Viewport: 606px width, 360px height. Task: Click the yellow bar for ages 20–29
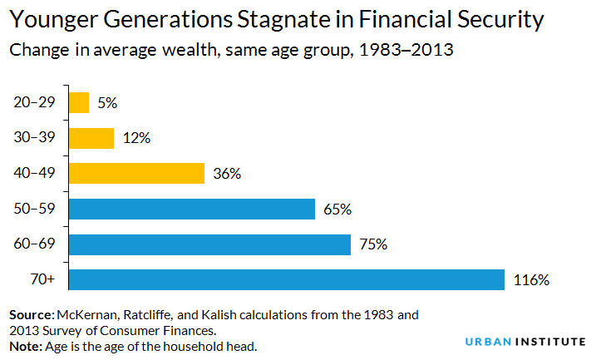click(79, 102)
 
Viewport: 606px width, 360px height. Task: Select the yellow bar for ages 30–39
click(91, 138)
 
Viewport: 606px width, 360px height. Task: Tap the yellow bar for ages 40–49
click(136, 173)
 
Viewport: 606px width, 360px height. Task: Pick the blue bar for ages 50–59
click(191, 209)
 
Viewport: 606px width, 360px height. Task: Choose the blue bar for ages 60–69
click(209, 244)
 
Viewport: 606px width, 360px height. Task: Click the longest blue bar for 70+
click(286, 279)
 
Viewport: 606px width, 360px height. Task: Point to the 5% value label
click(107, 103)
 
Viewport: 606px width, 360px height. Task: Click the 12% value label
click(135, 138)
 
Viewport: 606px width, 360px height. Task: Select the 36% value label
click(226, 174)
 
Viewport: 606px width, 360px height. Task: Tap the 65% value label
click(337, 209)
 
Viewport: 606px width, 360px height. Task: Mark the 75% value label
click(372, 244)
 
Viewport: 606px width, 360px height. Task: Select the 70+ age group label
click(42, 279)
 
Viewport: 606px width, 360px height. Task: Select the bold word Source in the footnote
click(31, 315)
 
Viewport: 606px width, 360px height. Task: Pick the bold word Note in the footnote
click(26, 344)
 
